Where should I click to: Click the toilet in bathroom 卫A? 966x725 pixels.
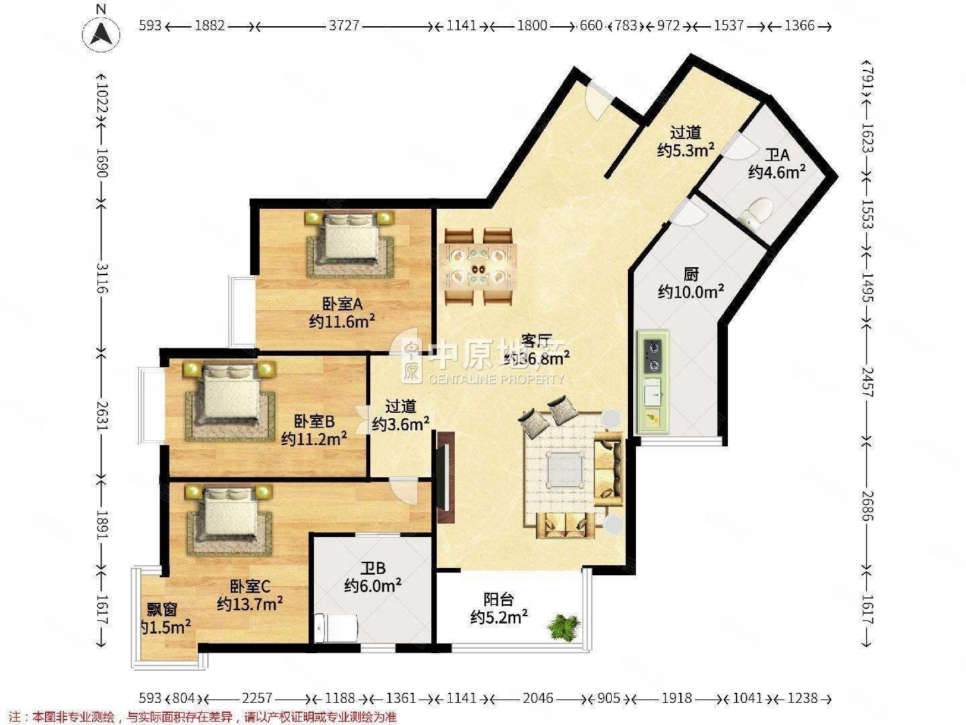point(757,212)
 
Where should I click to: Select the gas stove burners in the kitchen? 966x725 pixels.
point(652,356)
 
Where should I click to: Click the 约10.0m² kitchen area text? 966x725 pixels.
point(690,291)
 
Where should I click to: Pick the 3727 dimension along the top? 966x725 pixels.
point(343,26)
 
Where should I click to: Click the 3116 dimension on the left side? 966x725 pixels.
point(101,277)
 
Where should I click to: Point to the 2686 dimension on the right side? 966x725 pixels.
point(865,505)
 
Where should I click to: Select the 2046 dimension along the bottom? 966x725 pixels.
point(538,699)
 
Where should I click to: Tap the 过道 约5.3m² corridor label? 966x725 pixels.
point(685,142)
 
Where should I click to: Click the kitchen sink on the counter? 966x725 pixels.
point(652,391)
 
